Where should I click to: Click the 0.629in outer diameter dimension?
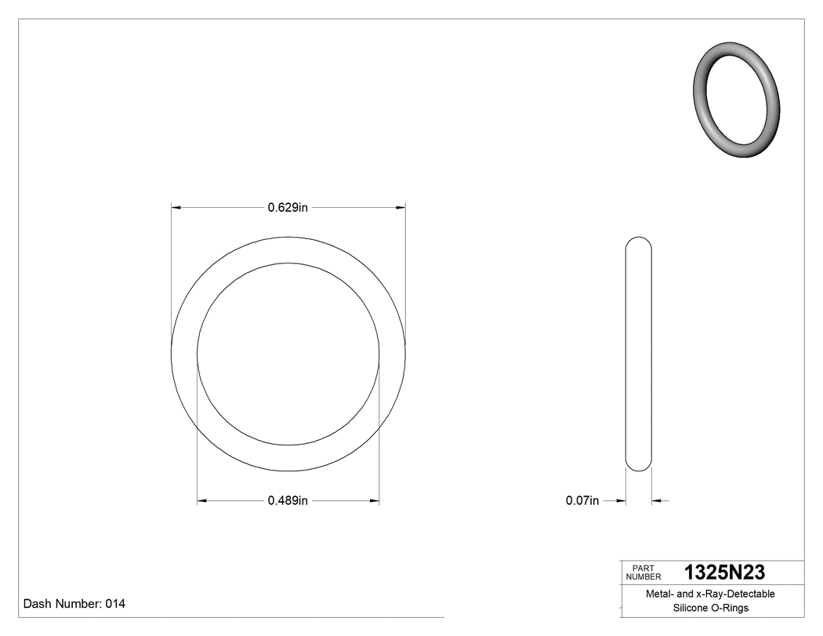tap(288, 208)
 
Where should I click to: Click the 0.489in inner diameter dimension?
tap(288, 500)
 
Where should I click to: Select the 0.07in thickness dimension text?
tap(582, 500)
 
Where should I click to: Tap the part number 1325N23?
tap(724, 572)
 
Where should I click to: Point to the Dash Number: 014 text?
tap(74, 604)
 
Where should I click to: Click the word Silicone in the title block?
tap(691, 608)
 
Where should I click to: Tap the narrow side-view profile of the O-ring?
tap(638, 354)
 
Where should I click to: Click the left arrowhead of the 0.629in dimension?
tap(176, 208)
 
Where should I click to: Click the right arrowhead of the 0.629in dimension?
tap(401, 208)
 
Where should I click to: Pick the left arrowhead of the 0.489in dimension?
tap(201, 500)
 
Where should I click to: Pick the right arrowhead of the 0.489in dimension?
tap(375, 500)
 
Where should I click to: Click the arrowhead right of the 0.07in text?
tap(621, 500)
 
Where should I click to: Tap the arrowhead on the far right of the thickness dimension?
tap(656, 500)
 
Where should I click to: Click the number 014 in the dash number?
tap(114, 604)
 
